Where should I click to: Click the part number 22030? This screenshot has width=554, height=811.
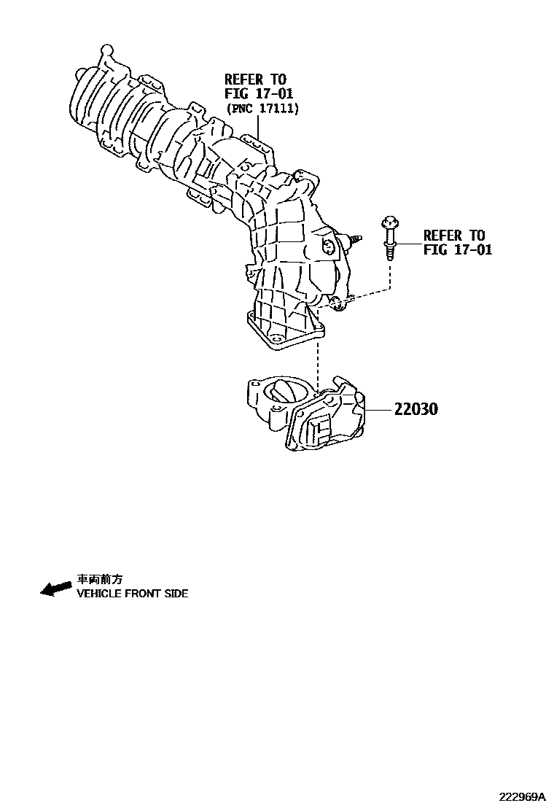coord(416,410)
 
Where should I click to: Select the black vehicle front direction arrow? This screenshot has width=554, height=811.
coord(55,589)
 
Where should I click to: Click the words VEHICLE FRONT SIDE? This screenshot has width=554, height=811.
coord(132,594)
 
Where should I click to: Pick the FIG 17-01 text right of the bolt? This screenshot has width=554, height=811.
coord(458,249)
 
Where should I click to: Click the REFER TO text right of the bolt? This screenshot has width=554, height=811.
coord(453,235)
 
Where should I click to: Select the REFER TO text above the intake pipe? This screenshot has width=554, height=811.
coord(255,79)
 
